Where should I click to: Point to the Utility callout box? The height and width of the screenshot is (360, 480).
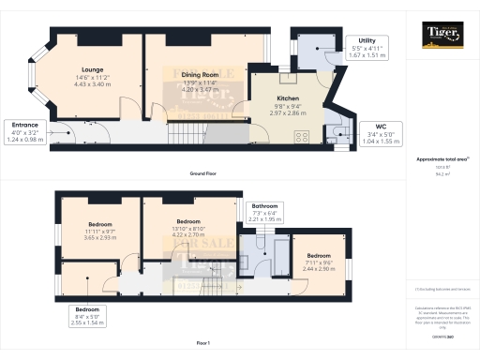[367, 49]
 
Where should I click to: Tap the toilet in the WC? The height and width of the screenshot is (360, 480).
[338, 130]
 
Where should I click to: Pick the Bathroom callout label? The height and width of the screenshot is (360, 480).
[262, 214]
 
